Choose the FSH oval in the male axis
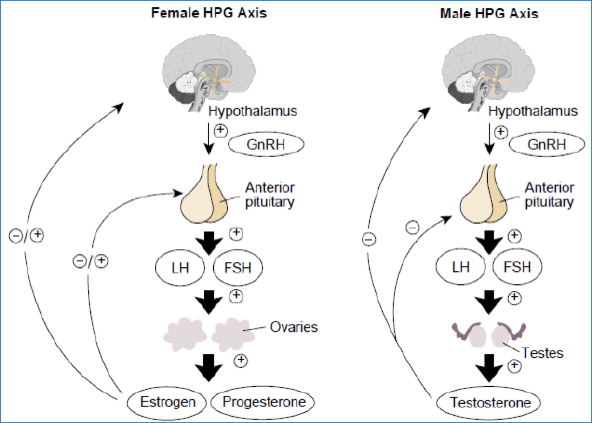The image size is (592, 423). click(x=517, y=267)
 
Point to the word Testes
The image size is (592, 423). click(x=544, y=353)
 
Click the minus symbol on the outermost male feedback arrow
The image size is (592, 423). click(x=369, y=240)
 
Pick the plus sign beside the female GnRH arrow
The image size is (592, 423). click(x=221, y=131)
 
